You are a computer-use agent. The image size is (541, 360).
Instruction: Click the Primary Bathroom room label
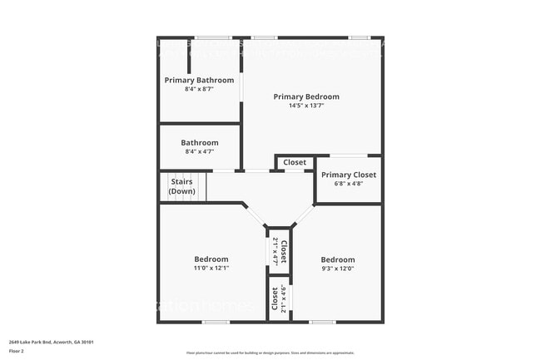click(199, 80)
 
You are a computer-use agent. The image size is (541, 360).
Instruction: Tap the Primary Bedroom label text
click(306, 96)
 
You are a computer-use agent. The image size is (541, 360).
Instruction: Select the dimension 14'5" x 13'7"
click(306, 106)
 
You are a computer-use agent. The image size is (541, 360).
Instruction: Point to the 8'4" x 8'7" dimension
click(199, 89)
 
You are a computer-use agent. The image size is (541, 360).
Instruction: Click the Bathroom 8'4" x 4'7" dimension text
click(199, 151)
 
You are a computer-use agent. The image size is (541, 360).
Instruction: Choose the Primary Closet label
click(348, 175)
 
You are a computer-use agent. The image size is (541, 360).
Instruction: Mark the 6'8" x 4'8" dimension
click(348, 184)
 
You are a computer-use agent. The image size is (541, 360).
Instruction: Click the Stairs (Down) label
click(182, 186)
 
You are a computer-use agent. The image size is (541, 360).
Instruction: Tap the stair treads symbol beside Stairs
click(163, 186)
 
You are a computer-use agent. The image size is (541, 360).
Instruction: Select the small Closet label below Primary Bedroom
click(295, 162)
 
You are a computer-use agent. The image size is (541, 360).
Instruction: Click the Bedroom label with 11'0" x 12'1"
click(211, 259)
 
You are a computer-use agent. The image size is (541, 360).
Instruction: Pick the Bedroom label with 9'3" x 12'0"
click(338, 259)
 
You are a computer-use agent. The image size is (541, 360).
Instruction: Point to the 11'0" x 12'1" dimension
click(211, 269)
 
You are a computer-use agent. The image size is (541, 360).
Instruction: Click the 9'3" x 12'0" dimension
click(338, 269)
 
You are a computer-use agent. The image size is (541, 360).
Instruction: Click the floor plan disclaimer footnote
click(270, 353)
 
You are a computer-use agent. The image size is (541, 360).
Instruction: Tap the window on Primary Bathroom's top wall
click(213, 37)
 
